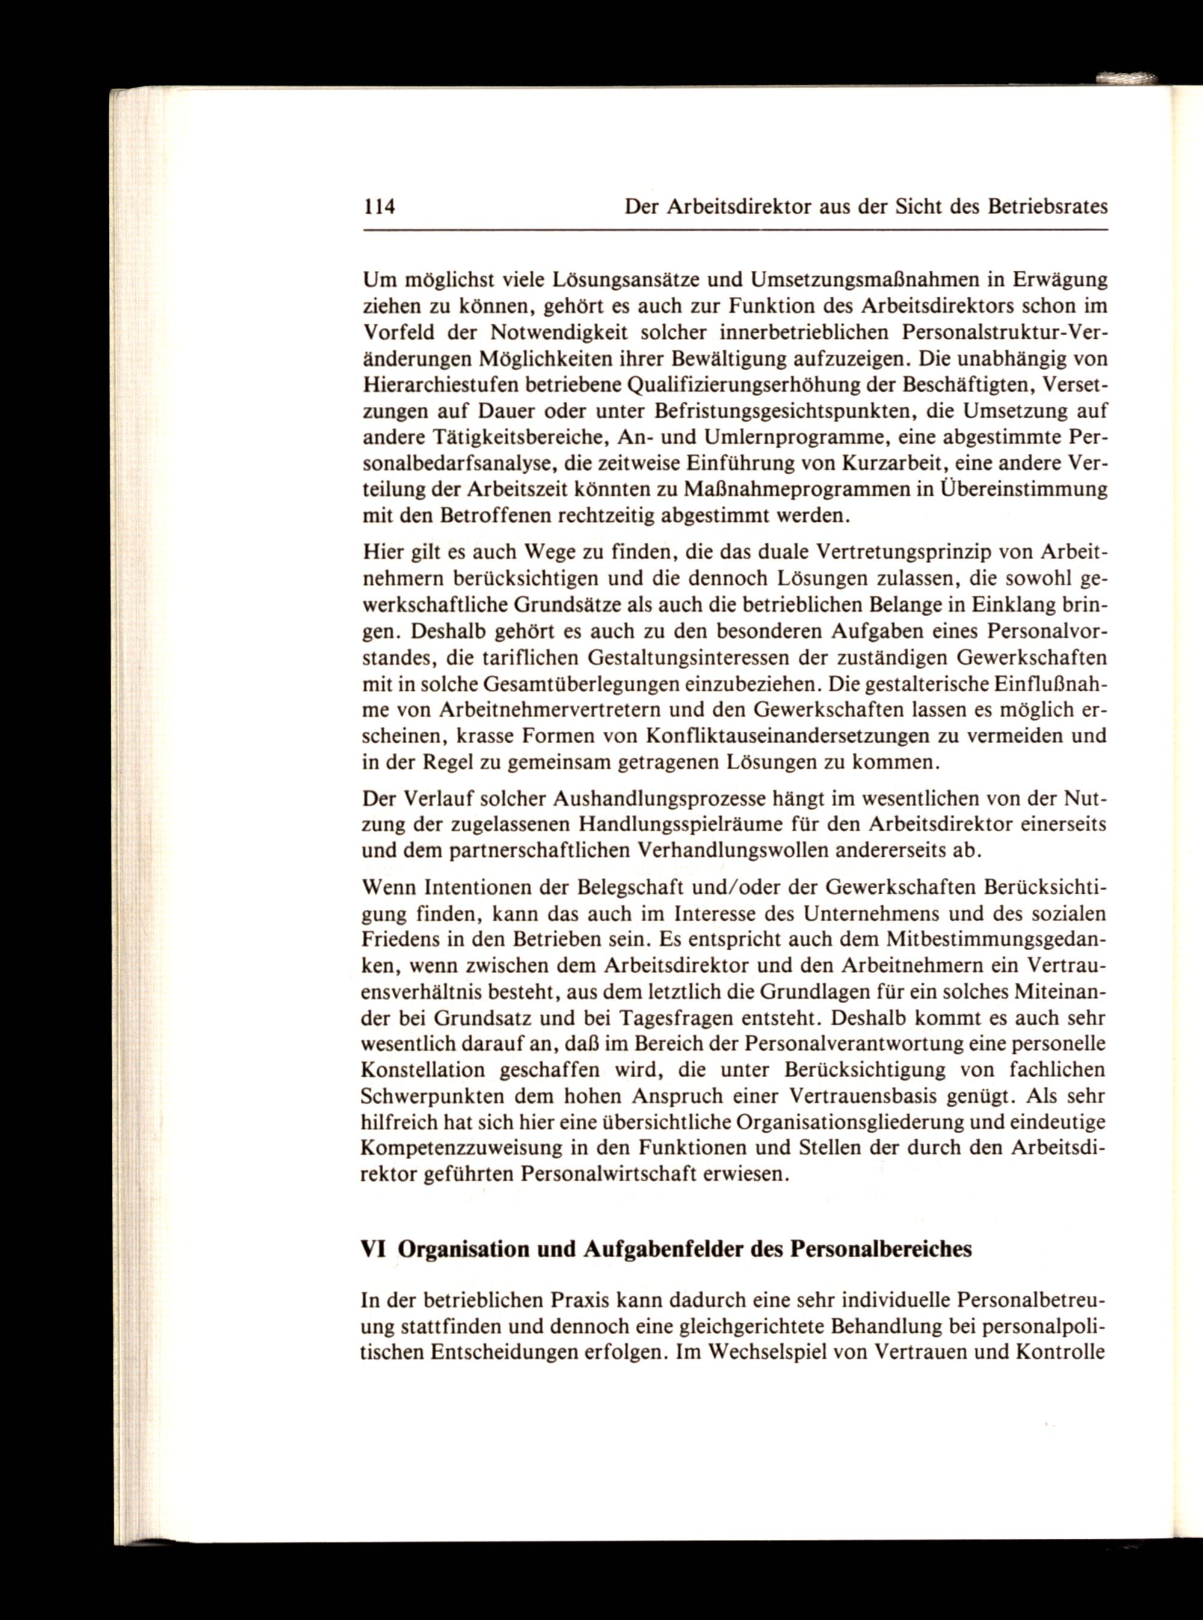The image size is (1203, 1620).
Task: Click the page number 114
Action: click(379, 207)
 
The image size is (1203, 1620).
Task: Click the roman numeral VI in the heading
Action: click(373, 1249)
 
